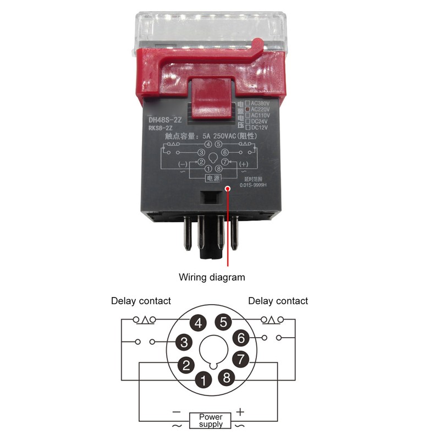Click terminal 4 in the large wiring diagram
199,322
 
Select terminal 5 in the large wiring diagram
223,322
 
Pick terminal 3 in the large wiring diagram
183,342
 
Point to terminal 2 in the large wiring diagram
186,364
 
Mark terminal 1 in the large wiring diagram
204,379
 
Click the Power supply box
211,421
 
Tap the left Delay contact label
141,301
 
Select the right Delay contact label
278,301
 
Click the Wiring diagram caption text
212,277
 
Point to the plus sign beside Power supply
240,411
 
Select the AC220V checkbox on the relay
248,109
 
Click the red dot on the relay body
227,188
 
